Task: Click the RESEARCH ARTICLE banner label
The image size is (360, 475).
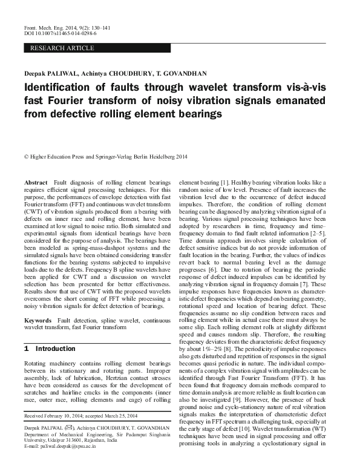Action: [x=62, y=47]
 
